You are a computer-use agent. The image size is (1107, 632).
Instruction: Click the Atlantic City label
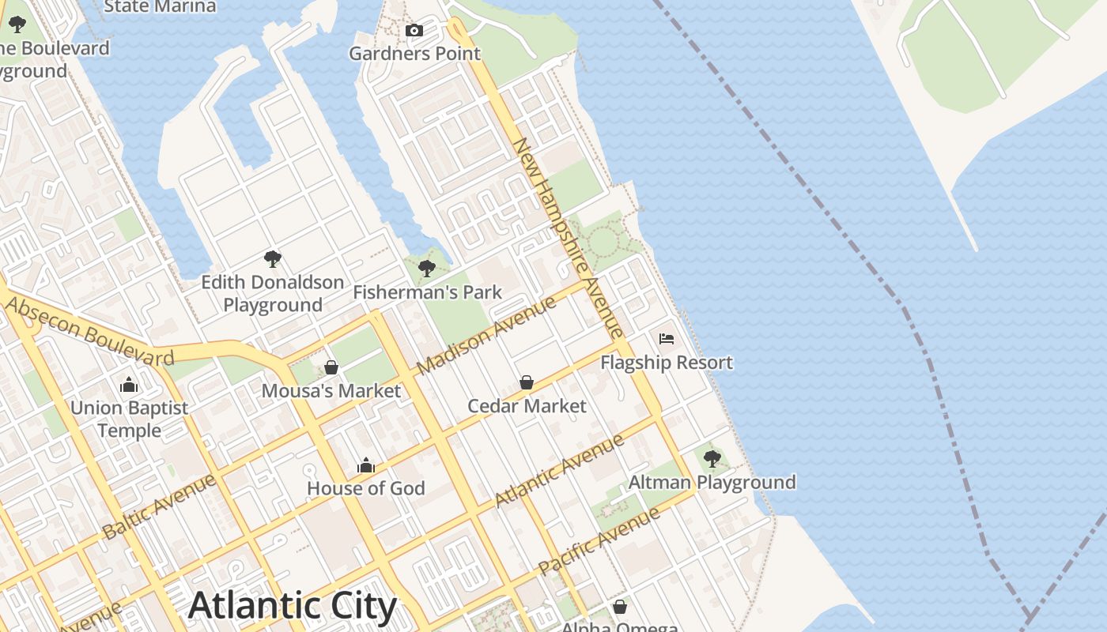pos(293,606)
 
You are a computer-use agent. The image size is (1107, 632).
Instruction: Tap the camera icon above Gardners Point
pos(414,31)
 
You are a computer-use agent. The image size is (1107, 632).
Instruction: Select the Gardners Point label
pos(414,54)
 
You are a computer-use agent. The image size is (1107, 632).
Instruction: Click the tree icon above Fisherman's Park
pos(427,269)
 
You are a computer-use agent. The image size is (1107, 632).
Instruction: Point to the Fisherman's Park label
pos(427,292)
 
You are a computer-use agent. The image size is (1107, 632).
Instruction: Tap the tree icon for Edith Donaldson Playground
pos(273,258)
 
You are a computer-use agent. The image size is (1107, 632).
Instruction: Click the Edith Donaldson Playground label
pos(273,293)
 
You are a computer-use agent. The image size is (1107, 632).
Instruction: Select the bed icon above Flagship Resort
pos(667,339)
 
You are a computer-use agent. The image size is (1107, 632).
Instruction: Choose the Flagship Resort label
pos(667,363)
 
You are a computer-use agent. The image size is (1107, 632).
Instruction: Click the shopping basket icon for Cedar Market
pos(527,383)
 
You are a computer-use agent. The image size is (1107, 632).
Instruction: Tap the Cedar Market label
pos(527,406)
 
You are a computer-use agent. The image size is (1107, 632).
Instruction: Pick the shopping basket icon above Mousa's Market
pos(331,367)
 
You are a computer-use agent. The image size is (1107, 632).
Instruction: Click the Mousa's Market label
pos(331,391)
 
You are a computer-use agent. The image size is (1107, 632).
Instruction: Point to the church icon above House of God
pos(365,465)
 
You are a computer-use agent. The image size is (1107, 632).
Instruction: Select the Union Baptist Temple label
pos(130,419)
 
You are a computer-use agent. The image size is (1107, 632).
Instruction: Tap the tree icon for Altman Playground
pos(712,458)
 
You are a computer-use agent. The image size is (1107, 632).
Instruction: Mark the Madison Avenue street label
pos(486,335)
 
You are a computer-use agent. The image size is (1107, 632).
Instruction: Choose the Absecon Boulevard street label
pos(89,331)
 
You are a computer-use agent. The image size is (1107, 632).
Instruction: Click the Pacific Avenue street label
pos(599,541)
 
